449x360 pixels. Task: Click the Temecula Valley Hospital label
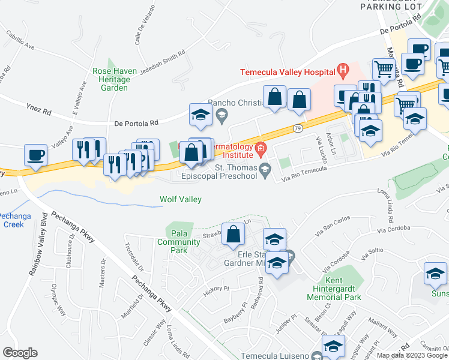[x=288, y=71]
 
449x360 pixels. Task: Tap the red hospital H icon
[x=343, y=71]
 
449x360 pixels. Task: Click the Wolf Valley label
[x=180, y=199]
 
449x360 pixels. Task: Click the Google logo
[x=19, y=352]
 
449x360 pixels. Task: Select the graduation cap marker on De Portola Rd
[x=200, y=115]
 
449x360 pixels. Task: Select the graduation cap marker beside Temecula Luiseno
[x=333, y=346]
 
